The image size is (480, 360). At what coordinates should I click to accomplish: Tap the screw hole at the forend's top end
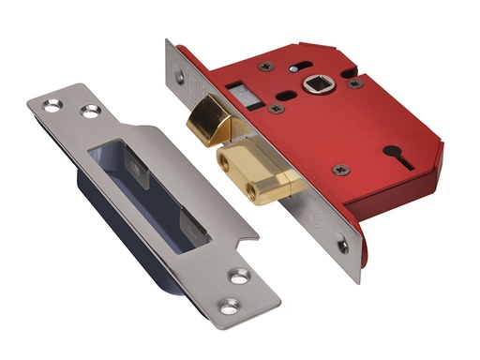coord(179,79)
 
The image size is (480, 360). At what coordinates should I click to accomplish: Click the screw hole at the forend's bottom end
coord(343,247)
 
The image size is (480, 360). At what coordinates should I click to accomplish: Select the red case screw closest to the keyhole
coord(340,170)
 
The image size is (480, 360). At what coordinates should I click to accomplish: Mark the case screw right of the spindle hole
coord(354,82)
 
